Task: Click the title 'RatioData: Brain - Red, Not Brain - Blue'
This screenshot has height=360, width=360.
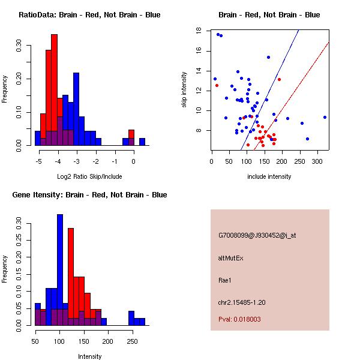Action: coord(89,15)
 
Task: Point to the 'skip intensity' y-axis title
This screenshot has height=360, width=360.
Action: coord(184,89)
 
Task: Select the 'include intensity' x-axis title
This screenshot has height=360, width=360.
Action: coord(269,176)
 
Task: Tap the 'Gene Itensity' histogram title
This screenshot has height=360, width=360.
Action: coord(89,195)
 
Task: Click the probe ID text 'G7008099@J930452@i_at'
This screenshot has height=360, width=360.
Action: coord(257,235)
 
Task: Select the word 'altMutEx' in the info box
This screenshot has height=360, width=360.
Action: coord(231,257)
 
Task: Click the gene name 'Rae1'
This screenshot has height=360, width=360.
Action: coord(225,280)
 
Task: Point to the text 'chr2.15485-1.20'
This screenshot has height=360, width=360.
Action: coord(242,302)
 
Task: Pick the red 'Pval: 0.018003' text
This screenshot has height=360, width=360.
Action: coord(239,320)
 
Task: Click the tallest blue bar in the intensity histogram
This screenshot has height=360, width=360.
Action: coord(60,270)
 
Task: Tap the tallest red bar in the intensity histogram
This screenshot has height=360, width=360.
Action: coord(71,276)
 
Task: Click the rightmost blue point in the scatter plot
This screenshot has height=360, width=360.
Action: coord(325,118)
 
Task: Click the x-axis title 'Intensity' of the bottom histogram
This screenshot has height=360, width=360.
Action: coord(89,356)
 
